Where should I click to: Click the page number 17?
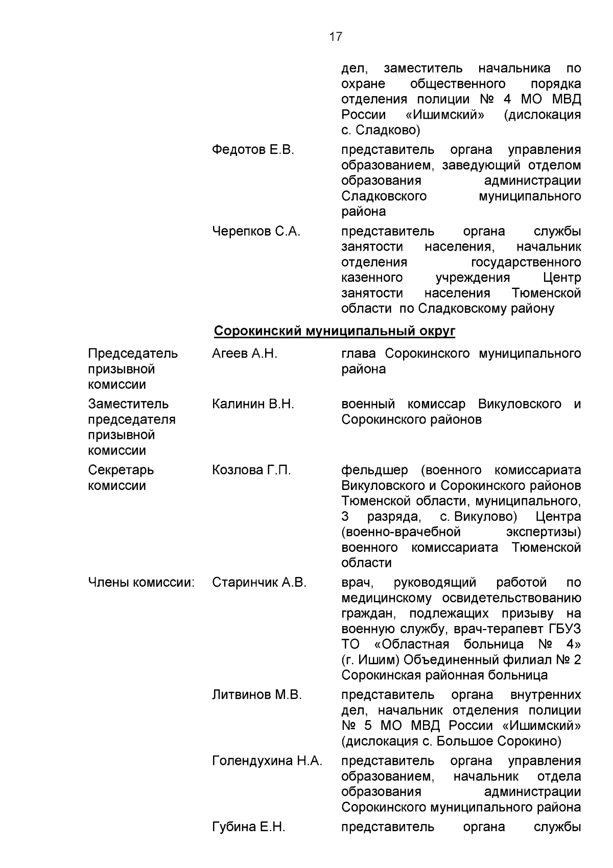coord(336,37)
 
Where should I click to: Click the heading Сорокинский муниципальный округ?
coord(334,331)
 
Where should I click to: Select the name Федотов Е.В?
coord(253,150)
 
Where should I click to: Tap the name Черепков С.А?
coord(256,232)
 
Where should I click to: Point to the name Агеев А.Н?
coord(244,353)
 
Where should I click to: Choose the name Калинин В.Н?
coord(253,404)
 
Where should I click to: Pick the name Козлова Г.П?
coord(251,470)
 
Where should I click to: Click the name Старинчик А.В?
coord(259,583)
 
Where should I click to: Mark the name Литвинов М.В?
coord(257,695)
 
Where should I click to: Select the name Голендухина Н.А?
coord(267,761)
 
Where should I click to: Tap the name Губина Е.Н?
coord(248,827)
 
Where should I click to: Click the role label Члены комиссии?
coord(142,583)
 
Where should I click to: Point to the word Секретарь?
coord(121,470)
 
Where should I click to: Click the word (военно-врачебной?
coord(401,532)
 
